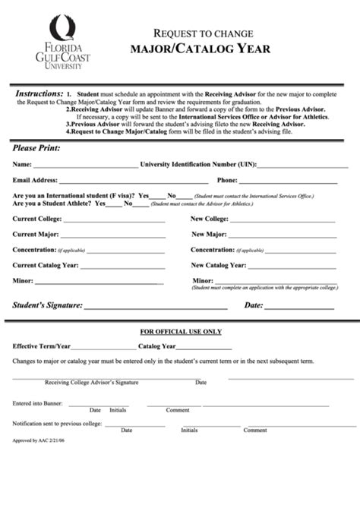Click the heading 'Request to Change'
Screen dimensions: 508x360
point(204,34)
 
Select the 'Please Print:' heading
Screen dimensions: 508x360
point(36,147)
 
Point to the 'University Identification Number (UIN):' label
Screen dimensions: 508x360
point(200,164)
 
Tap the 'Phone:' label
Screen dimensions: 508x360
point(227,181)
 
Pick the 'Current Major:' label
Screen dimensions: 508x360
point(35,234)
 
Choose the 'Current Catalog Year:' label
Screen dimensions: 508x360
point(46,265)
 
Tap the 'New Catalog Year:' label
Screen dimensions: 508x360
point(218,265)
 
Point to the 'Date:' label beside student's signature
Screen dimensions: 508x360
point(253,305)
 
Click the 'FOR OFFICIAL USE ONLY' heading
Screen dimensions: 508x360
point(181,332)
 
